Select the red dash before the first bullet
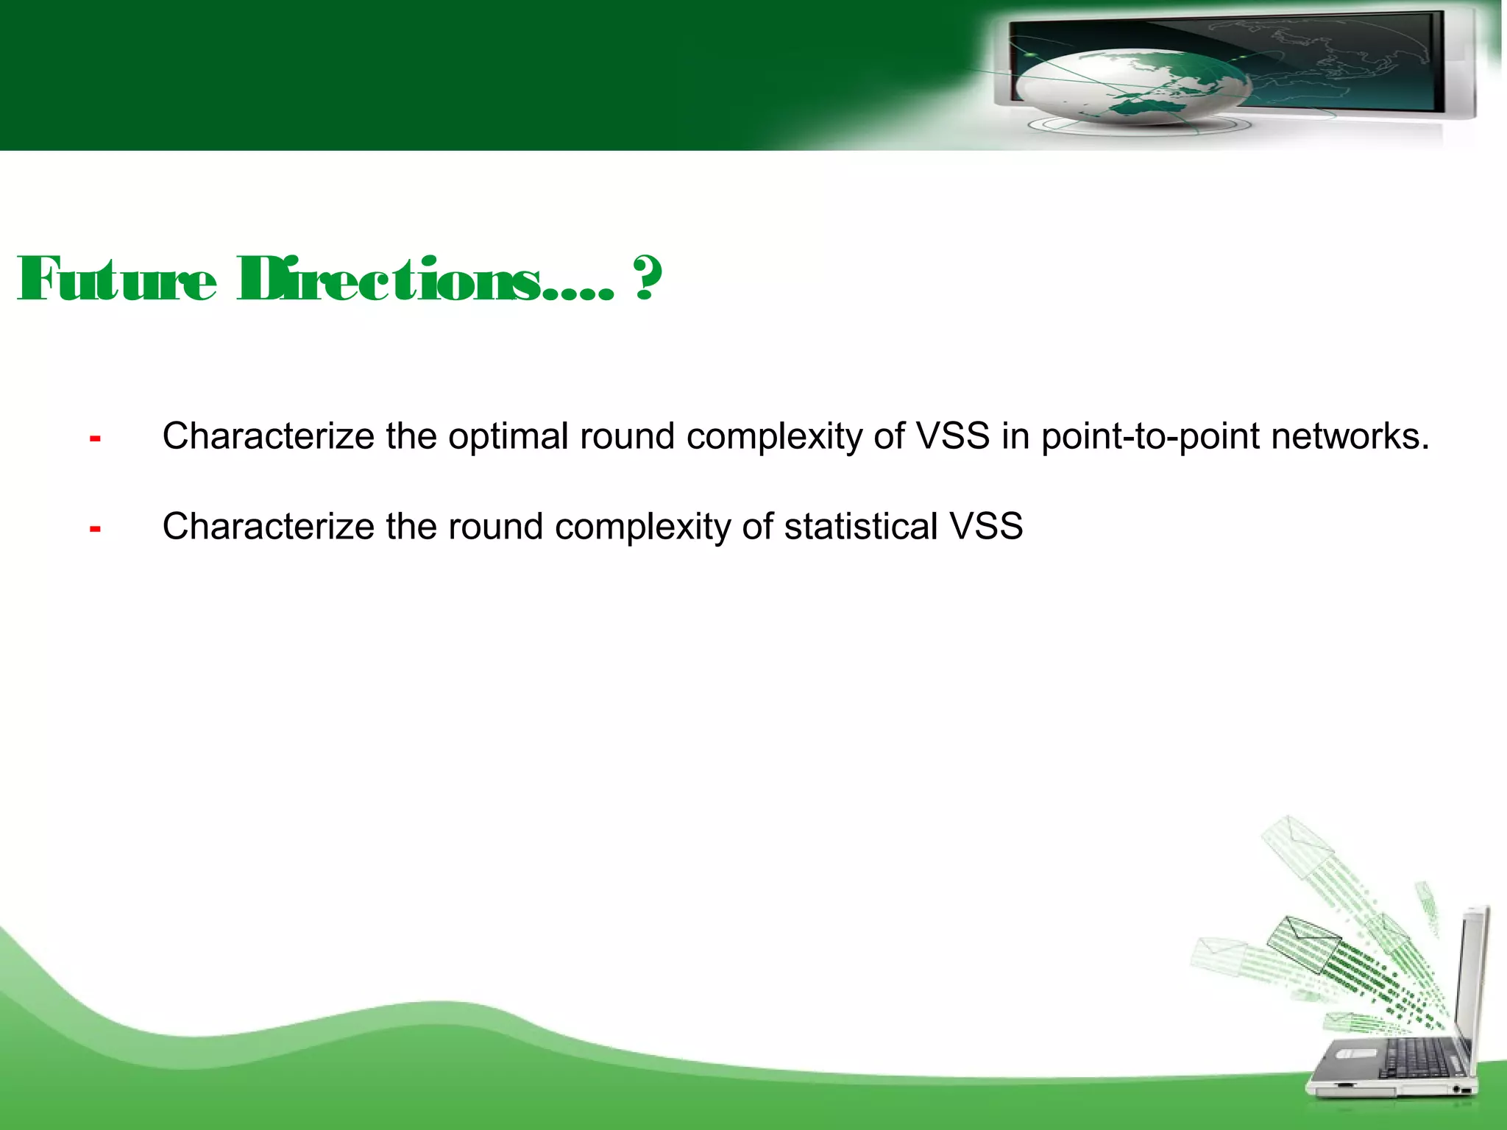[95, 439]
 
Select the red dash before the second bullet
[95, 529]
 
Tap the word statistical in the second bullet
[860, 527]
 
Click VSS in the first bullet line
[953, 437]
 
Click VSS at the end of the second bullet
[986, 527]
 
